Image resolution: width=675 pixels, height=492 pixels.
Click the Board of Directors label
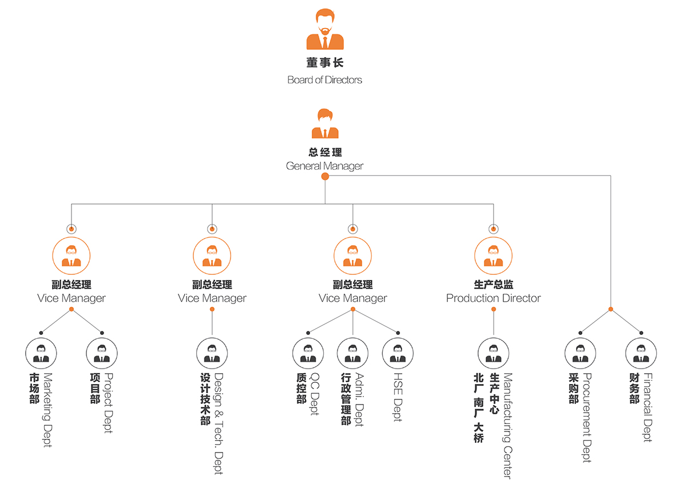click(324, 80)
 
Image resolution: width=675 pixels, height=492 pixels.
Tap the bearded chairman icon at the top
click(325, 30)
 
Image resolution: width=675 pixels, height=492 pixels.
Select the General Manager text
click(324, 166)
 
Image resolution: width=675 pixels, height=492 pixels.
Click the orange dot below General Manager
click(325, 177)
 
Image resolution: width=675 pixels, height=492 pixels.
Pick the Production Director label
click(493, 298)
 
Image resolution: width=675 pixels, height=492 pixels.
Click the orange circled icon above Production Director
click(493, 256)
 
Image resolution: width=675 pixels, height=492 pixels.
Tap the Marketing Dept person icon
click(41, 353)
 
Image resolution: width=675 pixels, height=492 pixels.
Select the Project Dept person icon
click(102, 353)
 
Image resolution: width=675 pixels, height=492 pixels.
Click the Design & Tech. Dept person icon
click(212, 353)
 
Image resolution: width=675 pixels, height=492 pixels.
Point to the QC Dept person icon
click(308, 353)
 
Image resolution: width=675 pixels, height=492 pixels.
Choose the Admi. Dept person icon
click(353, 353)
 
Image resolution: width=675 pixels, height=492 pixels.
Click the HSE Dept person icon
click(398, 353)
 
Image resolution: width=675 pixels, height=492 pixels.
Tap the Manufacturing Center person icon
click(493, 353)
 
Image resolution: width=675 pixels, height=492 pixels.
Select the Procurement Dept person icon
click(581, 353)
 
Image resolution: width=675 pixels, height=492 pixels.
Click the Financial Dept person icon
click(641, 353)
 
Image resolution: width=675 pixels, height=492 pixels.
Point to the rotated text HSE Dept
click(398, 397)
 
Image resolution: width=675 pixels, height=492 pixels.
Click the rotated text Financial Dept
click(648, 407)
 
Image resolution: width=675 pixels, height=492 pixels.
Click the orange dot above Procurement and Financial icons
click(611, 309)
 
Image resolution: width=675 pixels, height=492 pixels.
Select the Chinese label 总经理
click(324, 153)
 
